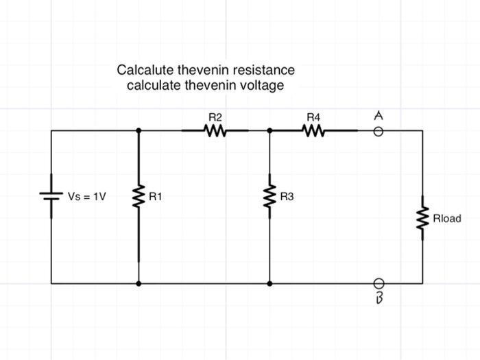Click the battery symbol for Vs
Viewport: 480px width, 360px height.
point(51,197)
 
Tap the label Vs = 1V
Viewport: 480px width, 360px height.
point(87,197)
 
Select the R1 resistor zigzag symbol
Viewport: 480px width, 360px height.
point(139,197)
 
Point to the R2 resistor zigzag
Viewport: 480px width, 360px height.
point(215,130)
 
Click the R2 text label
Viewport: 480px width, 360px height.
point(215,118)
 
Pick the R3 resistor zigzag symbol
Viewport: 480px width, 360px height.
point(269,197)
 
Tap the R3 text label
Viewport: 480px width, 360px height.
point(287,197)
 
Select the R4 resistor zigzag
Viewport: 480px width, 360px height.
point(313,130)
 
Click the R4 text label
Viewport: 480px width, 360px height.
point(313,118)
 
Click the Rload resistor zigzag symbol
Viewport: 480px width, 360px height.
point(422,219)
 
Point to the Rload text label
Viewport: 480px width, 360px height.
point(446,219)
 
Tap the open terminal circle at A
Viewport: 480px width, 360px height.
point(378,130)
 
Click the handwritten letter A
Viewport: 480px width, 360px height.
point(378,117)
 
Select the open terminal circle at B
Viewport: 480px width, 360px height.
point(378,283)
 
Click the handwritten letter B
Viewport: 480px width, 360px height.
point(377,299)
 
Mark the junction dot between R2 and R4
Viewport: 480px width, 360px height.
point(269,130)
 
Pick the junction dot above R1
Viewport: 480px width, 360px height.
point(139,130)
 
